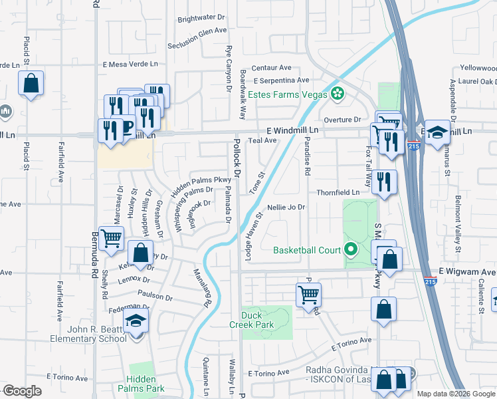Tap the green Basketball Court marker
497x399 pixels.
click(351, 251)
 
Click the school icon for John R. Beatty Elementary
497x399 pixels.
click(136, 322)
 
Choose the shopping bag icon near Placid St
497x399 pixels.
click(31, 84)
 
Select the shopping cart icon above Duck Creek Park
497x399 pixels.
click(308, 294)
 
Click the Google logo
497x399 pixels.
click(22, 391)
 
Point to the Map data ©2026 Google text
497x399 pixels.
click(456, 394)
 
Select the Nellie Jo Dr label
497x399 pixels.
click(286, 207)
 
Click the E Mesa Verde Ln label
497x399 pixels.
click(130, 65)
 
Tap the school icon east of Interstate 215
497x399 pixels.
click(437, 132)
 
